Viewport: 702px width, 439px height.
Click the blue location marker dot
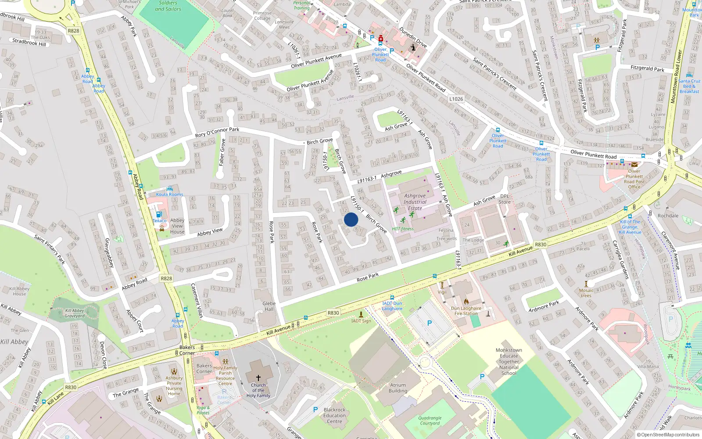(x=351, y=219)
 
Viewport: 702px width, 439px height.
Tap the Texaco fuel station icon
(x=159, y=214)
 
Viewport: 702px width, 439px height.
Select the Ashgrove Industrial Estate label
(x=415, y=202)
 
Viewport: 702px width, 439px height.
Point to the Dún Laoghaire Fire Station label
(x=466, y=311)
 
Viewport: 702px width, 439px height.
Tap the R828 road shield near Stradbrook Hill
(x=74, y=31)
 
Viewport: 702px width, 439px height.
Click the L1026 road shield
(x=456, y=99)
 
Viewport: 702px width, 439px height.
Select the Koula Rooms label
(x=170, y=194)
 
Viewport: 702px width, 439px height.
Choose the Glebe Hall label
(x=269, y=306)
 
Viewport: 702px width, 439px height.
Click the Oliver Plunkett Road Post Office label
(x=634, y=179)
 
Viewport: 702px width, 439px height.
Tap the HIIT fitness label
(x=403, y=229)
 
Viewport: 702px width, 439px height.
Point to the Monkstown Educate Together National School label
(x=509, y=362)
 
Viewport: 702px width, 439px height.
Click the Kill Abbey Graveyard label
(x=75, y=313)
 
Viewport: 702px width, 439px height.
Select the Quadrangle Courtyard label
(x=430, y=421)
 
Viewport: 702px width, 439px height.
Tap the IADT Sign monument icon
(x=361, y=314)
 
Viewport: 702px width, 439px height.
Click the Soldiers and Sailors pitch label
(x=168, y=6)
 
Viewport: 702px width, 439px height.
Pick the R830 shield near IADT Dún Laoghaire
(x=333, y=313)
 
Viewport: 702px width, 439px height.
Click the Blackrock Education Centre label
(x=334, y=415)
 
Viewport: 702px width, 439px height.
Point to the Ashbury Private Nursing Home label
(x=174, y=385)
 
